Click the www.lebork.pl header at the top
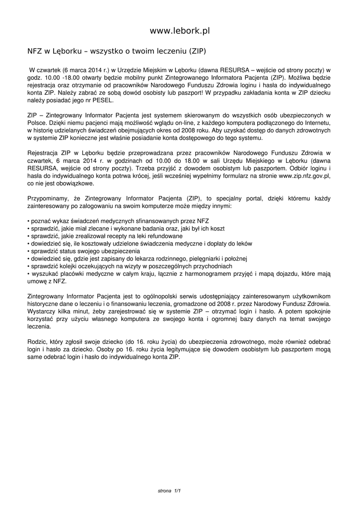pyautogui.click(x=180, y=31)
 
